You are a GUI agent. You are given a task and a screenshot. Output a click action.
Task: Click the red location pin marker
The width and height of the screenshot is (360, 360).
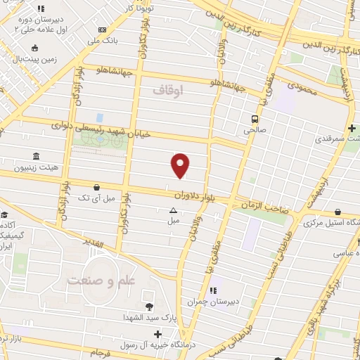181,165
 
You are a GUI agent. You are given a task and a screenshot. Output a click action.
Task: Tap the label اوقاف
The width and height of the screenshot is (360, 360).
167,90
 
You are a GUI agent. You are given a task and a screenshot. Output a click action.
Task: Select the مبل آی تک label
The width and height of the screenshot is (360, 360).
94,199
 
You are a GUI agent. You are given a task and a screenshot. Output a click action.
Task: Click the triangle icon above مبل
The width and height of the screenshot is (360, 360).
173,210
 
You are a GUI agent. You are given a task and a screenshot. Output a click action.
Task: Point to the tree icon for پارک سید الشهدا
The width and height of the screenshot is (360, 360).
149,307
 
